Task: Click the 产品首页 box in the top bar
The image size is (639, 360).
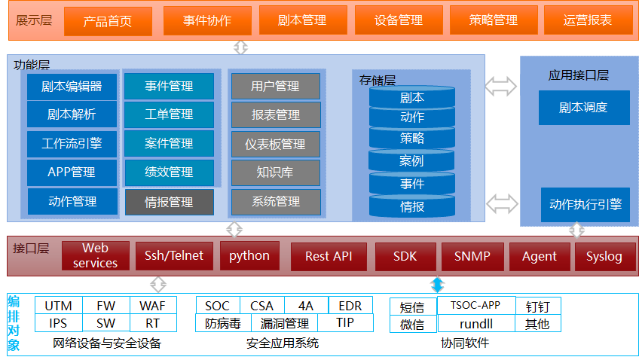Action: click(108, 21)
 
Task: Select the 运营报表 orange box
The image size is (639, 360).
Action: click(588, 20)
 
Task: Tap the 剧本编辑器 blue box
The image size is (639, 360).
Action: click(72, 87)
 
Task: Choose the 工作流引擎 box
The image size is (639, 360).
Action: click(72, 143)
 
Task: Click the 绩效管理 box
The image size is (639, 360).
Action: click(169, 172)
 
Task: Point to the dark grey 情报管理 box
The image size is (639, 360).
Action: click(169, 202)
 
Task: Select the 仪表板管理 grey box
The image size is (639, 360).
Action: click(275, 144)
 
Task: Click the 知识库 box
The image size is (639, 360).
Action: click(275, 172)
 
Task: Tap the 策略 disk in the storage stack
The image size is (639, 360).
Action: click(412, 139)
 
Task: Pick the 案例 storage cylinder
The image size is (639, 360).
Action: click(412, 161)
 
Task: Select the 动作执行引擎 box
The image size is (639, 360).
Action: click(585, 204)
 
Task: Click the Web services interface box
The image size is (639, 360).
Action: click(95, 256)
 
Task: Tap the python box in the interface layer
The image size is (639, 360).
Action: click(249, 256)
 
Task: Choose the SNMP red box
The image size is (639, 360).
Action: click(472, 257)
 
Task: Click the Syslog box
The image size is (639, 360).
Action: click(604, 257)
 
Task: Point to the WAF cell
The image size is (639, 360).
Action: click(154, 306)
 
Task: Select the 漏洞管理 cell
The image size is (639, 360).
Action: click(285, 324)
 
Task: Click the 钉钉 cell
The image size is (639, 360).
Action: click(538, 306)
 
